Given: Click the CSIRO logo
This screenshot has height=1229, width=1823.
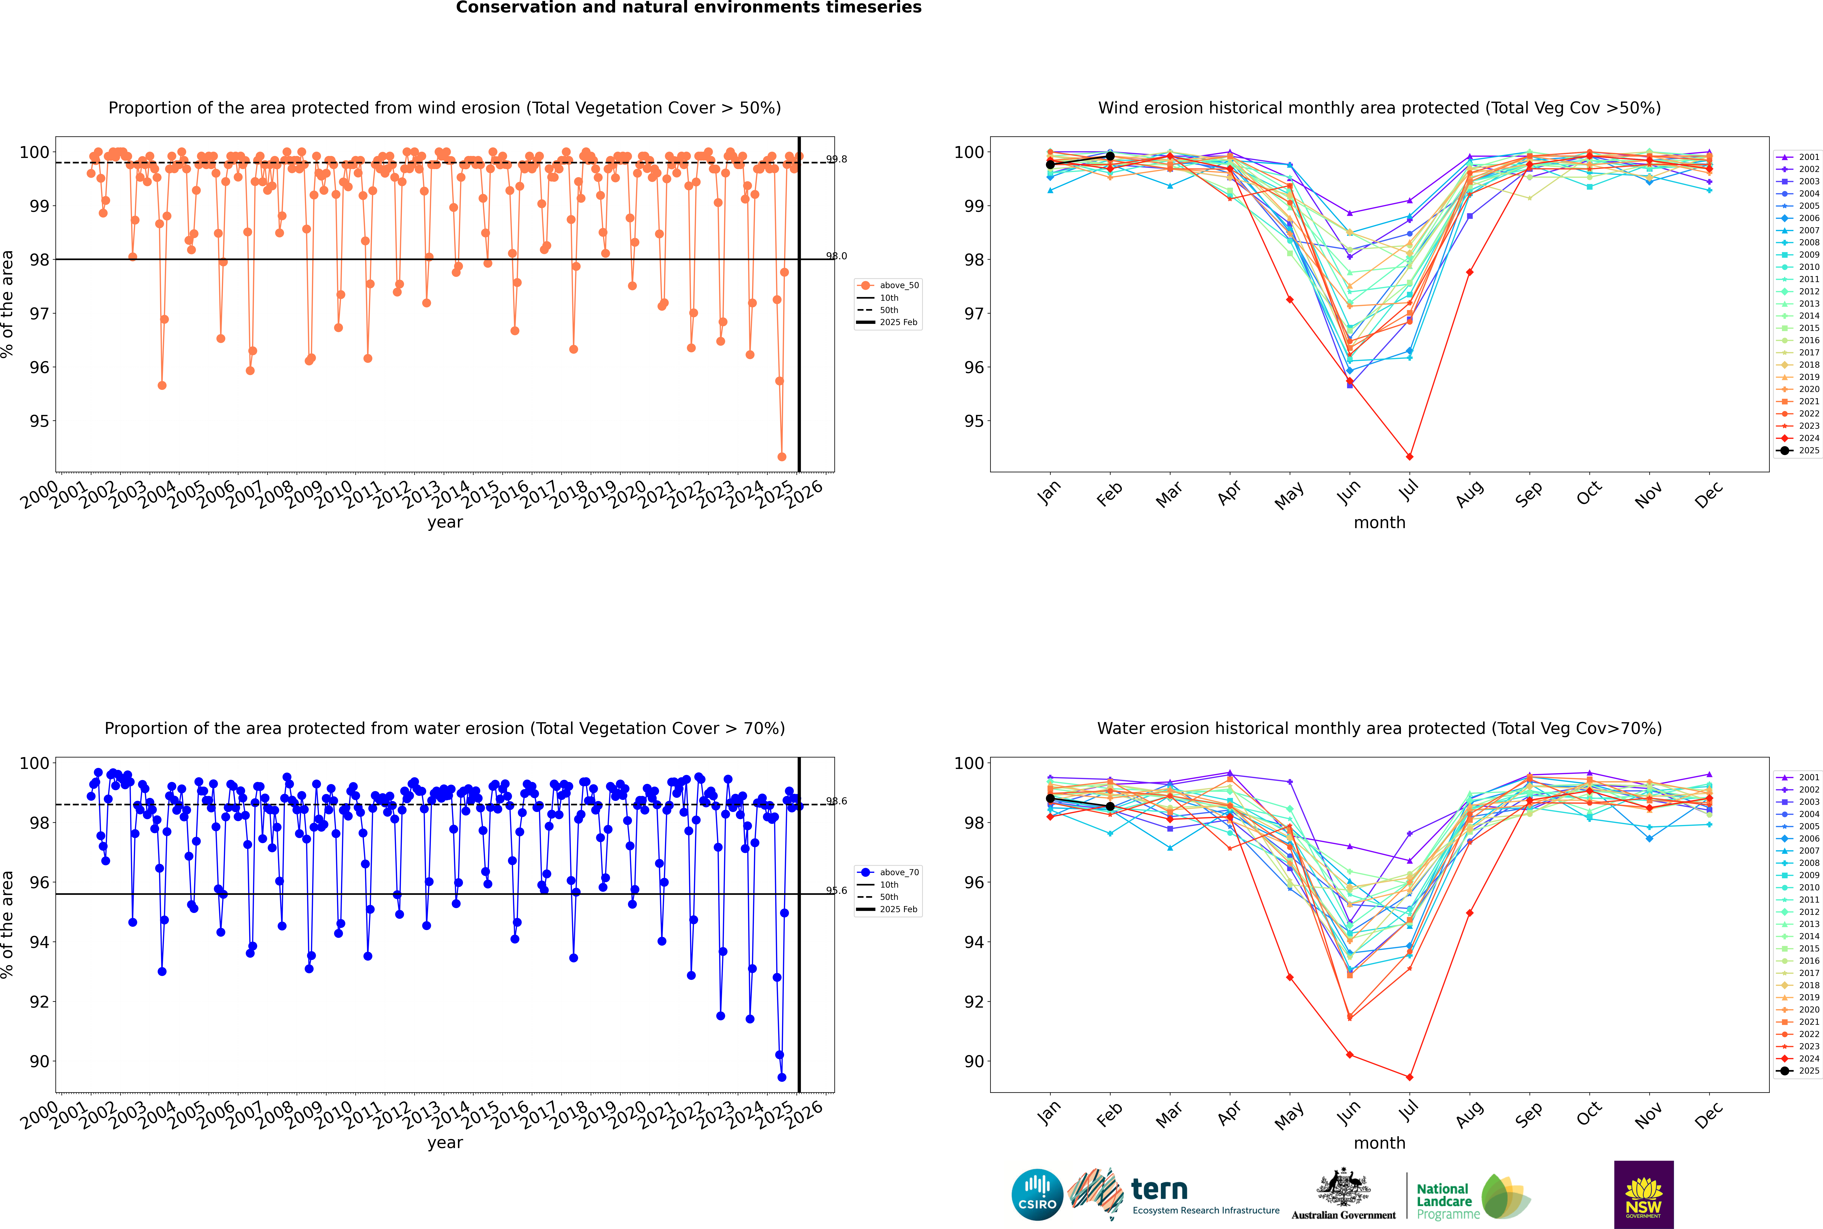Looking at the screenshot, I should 1037,1195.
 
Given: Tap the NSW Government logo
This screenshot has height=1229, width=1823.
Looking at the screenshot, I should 1643,1194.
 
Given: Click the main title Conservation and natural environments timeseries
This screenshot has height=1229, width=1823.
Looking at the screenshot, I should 688,8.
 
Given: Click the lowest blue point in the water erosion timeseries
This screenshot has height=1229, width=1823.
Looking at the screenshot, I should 781,1077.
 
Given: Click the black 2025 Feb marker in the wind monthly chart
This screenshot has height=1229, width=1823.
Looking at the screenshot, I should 1110,156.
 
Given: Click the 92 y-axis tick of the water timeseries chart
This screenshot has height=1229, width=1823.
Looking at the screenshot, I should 38,1002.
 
